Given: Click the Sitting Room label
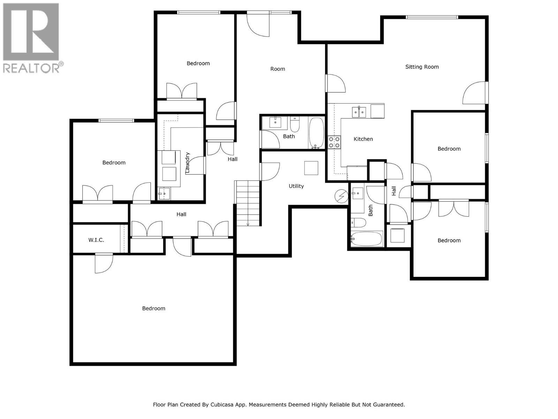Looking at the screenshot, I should tap(422, 67).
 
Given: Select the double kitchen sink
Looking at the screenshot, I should tap(359, 112).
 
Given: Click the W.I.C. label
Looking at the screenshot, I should tap(96, 240).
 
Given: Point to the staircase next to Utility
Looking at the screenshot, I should tap(248, 203).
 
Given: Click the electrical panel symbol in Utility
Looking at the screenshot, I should tap(341, 197).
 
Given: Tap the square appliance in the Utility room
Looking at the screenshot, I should tap(311, 168).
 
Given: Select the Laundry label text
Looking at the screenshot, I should tap(187, 162).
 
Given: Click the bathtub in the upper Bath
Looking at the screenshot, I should tap(316, 133).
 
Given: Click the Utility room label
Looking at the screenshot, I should tap(296, 186).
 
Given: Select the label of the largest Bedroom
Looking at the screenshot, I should tap(153, 308).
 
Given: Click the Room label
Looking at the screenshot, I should tap(278, 69).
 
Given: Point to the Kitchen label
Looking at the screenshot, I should tap(363, 139).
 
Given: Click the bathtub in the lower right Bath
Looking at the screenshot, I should tap(367, 239).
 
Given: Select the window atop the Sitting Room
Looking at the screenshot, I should tap(431, 17).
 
